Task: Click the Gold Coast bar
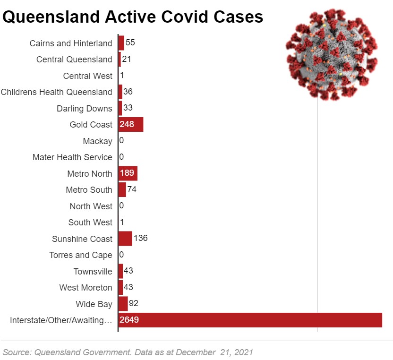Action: [x=131, y=125]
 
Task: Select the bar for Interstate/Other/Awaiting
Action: [x=250, y=320]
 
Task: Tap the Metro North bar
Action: [x=128, y=173]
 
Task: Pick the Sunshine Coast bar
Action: [x=126, y=239]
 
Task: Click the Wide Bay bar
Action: [x=123, y=304]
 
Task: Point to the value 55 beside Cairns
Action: [x=130, y=43]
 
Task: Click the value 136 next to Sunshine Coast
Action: [x=141, y=238]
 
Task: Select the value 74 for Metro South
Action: [x=132, y=189]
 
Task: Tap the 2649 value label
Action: [x=129, y=320]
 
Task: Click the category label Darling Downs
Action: [x=85, y=109]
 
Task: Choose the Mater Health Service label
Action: [x=72, y=157]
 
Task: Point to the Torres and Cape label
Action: [x=81, y=255]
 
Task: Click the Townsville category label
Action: [x=93, y=272]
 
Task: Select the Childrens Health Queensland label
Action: [x=57, y=92]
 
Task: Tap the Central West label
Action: [x=88, y=76]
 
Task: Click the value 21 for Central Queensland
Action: [x=127, y=59]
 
